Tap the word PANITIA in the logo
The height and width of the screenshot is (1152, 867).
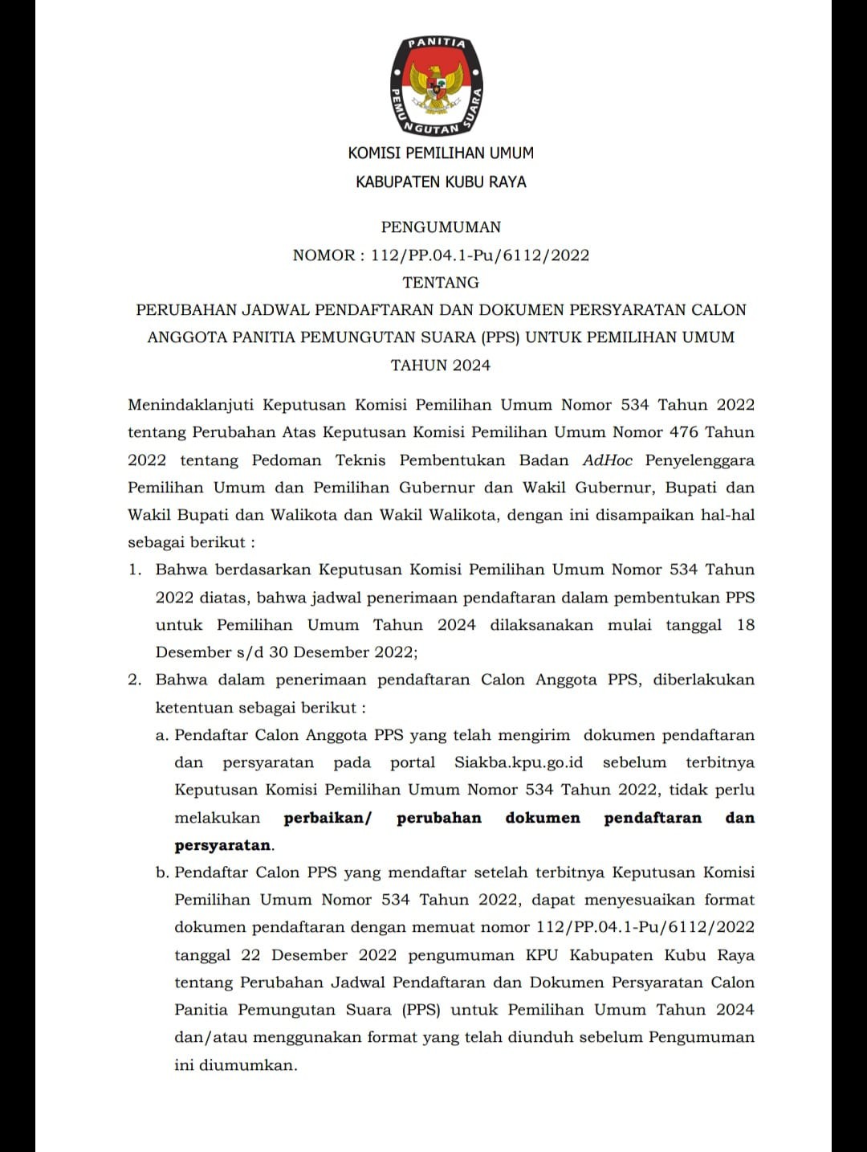pyautogui.click(x=438, y=43)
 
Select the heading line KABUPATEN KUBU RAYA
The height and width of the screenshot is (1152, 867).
pyautogui.click(x=441, y=182)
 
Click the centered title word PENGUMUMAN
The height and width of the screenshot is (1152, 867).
pyautogui.click(x=441, y=227)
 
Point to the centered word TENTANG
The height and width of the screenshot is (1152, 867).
pyautogui.click(x=441, y=282)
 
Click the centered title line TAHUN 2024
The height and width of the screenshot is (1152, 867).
pyautogui.click(x=441, y=366)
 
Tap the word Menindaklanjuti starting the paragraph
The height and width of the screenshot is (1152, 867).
pyautogui.click(x=190, y=405)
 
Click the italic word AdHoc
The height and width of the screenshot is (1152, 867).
pyautogui.click(x=608, y=460)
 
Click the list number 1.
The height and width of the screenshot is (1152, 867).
pyautogui.click(x=135, y=570)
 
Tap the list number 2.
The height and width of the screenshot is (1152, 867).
pyautogui.click(x=135, y=680)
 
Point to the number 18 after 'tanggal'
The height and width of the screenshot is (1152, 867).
pyautogui.click(x=746, y=625)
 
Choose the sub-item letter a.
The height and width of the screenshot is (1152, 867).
pyautogui.click(x=161, y=735)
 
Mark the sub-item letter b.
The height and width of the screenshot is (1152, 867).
pyautogui.click(x=162, y=872)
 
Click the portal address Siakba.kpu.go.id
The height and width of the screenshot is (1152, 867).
pyautogui.click(x=519, y=762)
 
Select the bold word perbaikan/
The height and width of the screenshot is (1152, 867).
pyautogui.click(x=328, y=818)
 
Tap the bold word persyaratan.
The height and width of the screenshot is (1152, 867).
pyautogui.click(x=223, y=845)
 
